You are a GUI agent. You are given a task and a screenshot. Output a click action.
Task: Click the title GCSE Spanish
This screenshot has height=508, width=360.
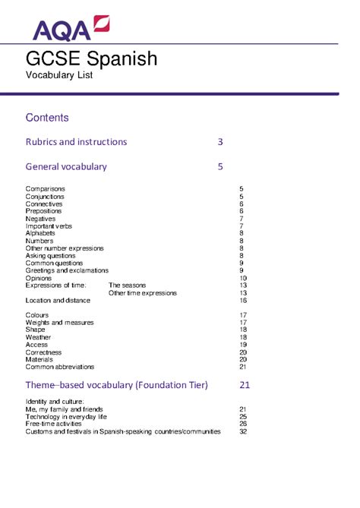[x=92, y=58]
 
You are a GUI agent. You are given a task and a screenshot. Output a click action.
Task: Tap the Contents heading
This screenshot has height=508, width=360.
[x=47, y=118]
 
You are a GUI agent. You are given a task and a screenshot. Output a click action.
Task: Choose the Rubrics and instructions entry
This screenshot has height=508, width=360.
[x=76, y=142]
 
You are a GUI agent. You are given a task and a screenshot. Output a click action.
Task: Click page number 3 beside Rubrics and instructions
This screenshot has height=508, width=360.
[x=220, y=142]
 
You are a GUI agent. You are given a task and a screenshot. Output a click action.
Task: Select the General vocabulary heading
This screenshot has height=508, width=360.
[x=66, y=166]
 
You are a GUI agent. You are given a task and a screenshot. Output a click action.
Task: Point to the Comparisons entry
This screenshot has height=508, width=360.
[x=45, y=188]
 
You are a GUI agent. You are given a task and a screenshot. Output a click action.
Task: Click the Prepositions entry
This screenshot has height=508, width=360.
[x=45, y=211]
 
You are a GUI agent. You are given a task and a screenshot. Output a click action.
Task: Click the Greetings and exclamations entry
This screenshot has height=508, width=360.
[x=65, y=270]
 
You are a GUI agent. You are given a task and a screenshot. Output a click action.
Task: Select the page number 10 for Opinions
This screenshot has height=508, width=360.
[x=243, y=278]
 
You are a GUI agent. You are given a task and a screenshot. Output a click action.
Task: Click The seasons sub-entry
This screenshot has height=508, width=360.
[x=127, y=286]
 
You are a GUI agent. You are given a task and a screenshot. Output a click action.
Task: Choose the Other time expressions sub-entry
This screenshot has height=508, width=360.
[x=143, y=293]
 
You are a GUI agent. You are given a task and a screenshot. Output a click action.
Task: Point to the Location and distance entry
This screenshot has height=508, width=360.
[x=58, y=301]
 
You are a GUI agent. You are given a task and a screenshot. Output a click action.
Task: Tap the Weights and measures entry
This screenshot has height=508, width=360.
[x=60, y=323]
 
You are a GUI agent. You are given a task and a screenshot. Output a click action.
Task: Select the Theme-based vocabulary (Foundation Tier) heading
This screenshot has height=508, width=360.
[x=116, y=385]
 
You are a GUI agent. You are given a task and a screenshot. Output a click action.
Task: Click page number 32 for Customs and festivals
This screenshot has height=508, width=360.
[x=243, y=431]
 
